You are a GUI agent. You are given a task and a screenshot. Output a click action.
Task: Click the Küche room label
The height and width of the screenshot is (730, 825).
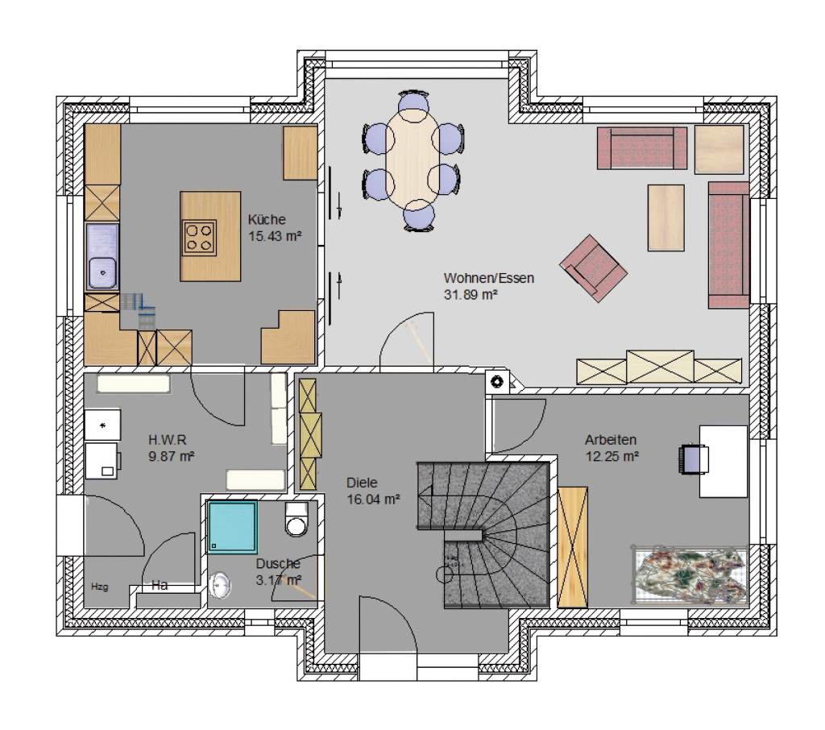pyautogui.click(x=267, y=219)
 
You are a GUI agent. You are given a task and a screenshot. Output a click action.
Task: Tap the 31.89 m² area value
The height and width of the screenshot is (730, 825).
pyautogui.click(x=471, y=295)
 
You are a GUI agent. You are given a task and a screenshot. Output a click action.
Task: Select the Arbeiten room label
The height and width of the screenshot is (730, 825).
pyautogui.click(x=611, y=439)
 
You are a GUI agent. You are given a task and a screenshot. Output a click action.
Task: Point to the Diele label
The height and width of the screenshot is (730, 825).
pyautogui.click(x=362, y=483)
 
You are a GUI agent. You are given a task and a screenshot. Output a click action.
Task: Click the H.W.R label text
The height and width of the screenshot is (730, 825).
pyautogui.click(x=168, y=439)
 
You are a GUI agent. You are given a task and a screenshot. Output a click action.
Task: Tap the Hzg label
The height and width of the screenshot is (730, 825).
pyautogui.click(x=99, y=587)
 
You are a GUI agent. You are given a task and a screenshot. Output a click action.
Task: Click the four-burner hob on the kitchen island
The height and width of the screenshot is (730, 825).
pyautogui.click(x=200, y=238)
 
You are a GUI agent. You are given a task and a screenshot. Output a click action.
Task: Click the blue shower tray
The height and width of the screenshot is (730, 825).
pyautogui.click(x=233, y=527)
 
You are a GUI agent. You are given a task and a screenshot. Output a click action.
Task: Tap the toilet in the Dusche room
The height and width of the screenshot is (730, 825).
pyautogui.click(x=296, y=519)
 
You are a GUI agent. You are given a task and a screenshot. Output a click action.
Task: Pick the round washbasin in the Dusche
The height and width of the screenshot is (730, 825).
pyautogui.click(x=220, y=585)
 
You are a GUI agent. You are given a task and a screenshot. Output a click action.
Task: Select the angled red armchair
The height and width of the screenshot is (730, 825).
pyautogui.click(x=594, y=268)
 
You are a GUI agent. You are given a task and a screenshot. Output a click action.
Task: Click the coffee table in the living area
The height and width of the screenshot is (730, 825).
pyautogui.click(x=665, y=218)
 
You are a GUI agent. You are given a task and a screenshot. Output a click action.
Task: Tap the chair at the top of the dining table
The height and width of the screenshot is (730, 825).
pyautogui.click(x=413, y=103)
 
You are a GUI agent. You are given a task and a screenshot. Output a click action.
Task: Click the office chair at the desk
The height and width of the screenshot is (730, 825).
pyautogui.click(x=690, y=460)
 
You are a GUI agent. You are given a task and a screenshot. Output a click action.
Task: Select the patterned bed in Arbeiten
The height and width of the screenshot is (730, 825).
pyautogui.click(x=690, y=574)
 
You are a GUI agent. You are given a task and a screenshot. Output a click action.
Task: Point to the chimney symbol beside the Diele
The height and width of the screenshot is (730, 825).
pyautogui.click(x=497, y=382)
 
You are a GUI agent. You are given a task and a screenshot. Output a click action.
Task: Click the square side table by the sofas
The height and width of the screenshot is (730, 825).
pyautogui.click(x=719, y=150)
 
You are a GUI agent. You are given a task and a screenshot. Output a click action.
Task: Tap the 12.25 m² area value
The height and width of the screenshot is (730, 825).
pyautogui.click(x=612, y=456)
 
